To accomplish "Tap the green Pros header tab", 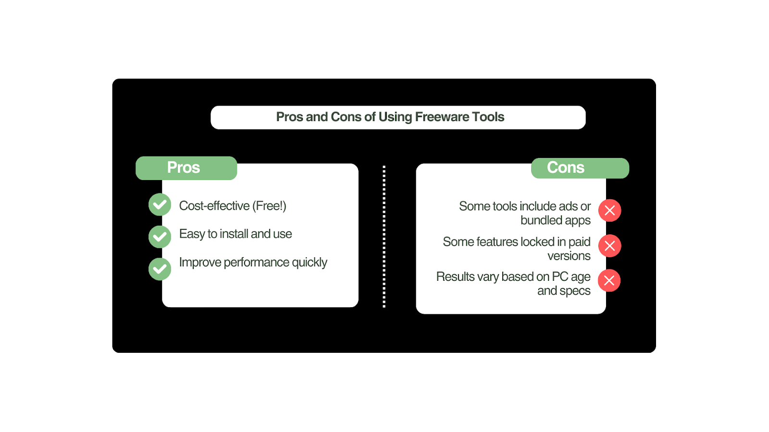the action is [x=186, y=168].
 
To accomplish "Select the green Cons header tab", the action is [x=580, y=168].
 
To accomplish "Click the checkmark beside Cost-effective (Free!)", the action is [x=160, y=204].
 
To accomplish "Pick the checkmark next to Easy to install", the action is [x=160, y=237].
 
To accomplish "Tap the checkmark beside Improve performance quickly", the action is [x=160, y=269].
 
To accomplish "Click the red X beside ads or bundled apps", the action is [x=610, y=210].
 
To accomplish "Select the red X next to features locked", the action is [x=610, y=245].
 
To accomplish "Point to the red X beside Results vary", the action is [x=609, y=280].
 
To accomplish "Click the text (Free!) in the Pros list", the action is [x=269, y=206].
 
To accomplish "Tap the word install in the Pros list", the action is [x=234, y=234].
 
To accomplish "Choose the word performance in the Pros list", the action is [x=256, y=263].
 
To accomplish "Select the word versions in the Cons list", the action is [x=569, y=256].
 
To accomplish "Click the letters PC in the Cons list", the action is [x=560, y=276].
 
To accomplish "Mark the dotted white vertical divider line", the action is [x=384, y=237].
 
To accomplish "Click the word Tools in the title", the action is [x=488, y=117].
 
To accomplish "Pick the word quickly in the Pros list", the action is [x=310, y=263].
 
